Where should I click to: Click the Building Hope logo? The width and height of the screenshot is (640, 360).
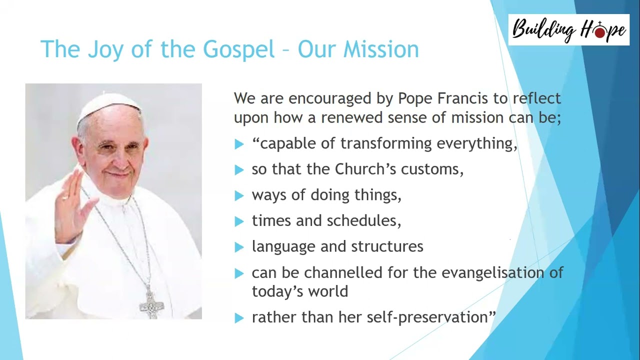pos(568,29)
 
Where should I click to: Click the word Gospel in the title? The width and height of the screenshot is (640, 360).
pos(238,49)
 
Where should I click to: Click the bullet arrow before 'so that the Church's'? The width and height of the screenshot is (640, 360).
pos(239,170)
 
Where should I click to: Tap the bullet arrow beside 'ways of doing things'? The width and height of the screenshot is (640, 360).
pos(239,196)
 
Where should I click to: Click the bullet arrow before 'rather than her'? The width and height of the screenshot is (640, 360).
pos(239,318)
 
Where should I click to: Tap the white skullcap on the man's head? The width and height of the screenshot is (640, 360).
pos(109,104)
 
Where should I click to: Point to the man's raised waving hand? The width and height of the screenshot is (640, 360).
pos(71,205)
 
